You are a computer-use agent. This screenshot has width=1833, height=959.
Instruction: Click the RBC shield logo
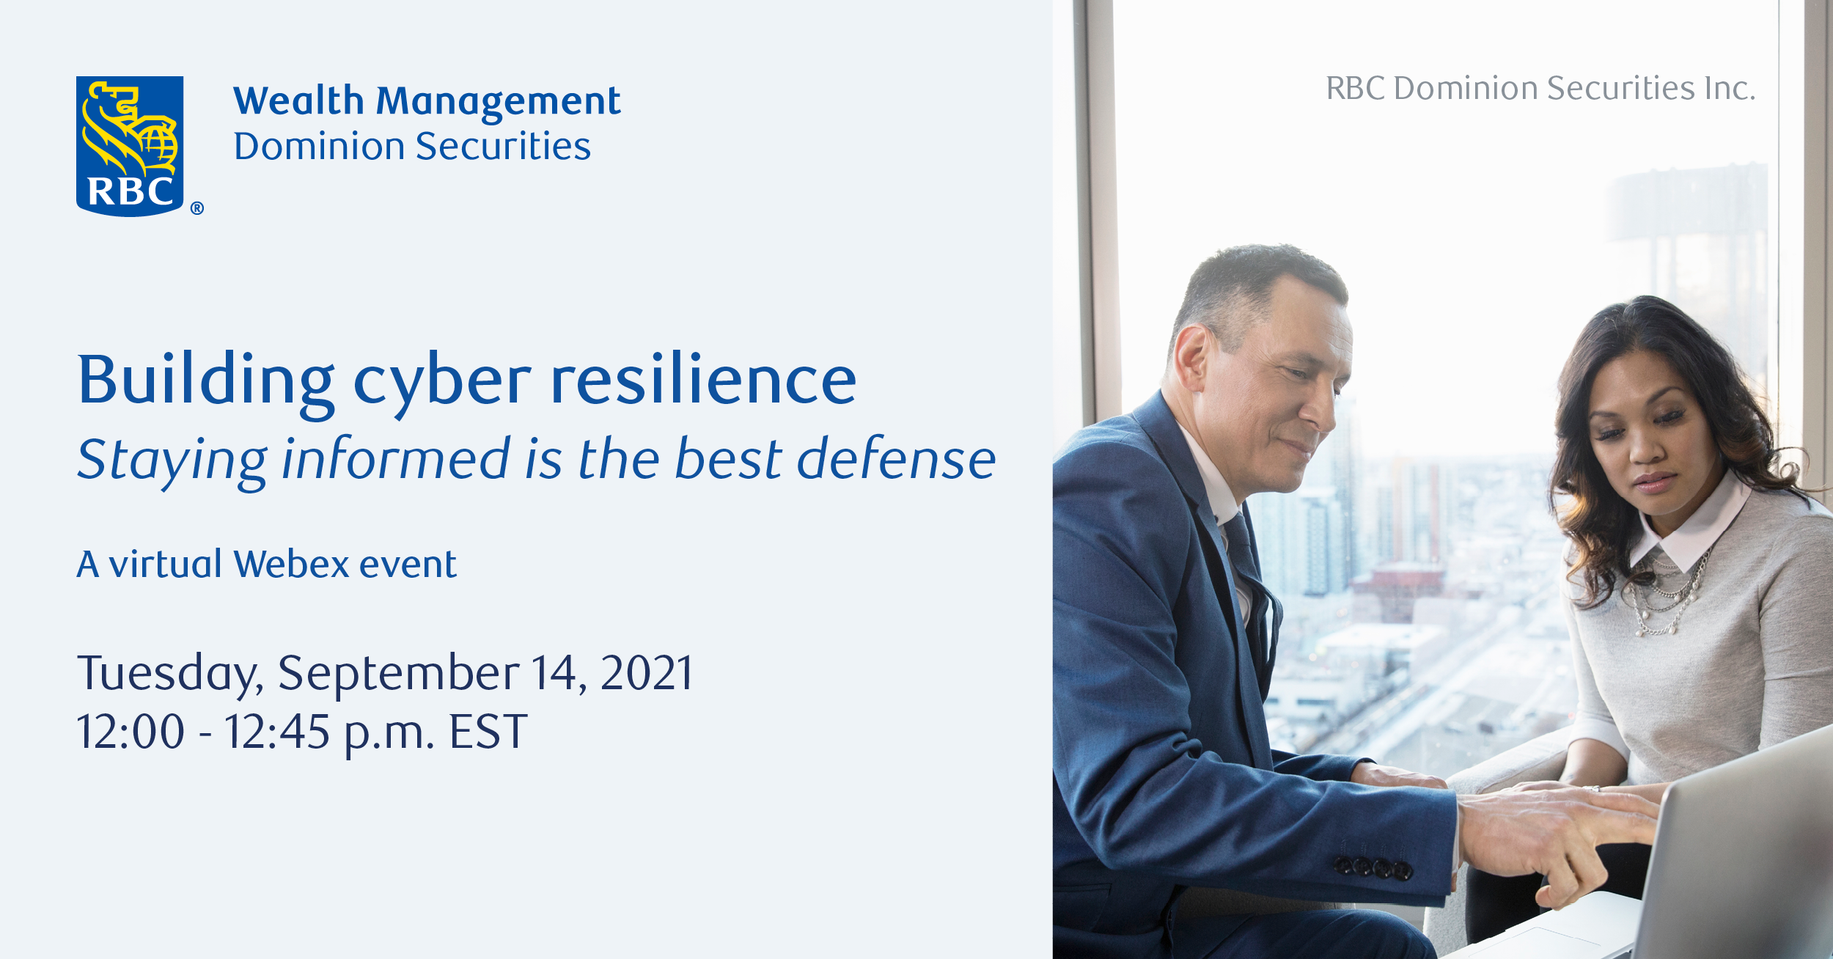pyautogui.click(x=130, y=146)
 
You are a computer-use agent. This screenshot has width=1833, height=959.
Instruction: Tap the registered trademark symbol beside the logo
pyautogui.click(x=197, y=208)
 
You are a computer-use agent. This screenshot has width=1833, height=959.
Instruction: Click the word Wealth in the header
pyautogui.click(x=298, y=100)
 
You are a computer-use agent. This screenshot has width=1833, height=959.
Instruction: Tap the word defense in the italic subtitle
pyautogui.click(x=897, y=459)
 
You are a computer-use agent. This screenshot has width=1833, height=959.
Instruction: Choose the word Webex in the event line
pyautogui.click(x=291, y=565)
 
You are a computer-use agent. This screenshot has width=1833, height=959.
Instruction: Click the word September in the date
pyautogui.click(x=399, y=675)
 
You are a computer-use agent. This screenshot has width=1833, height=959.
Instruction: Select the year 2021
pyautogui.click(x=647, y=673)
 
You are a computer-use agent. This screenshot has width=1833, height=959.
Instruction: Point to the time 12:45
pyautogui.click(x=277, y=732)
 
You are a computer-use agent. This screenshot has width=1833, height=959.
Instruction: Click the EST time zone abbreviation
pyautogui.click(x=488, y=732)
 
